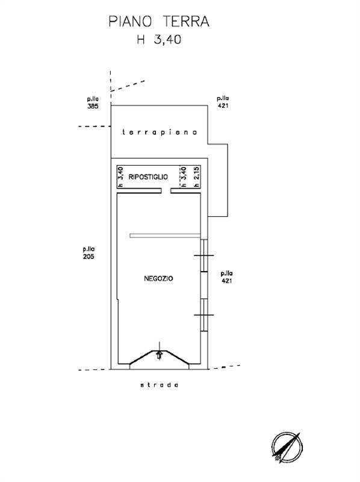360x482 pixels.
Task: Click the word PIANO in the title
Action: tap(130, 22)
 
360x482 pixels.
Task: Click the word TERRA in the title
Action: tap(186, 22)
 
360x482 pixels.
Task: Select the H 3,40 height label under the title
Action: tap(159, 40)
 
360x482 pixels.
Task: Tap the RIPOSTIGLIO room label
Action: tap(148, 177)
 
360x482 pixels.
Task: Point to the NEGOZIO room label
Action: tap(158, 278)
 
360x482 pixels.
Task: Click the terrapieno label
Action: tap(160, 132)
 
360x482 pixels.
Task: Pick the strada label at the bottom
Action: tap(160, 385)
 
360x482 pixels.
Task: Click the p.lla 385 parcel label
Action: tap(93, 103)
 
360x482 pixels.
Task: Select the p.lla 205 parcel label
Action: tap(88, 252)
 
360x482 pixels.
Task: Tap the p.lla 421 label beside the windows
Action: tap(227, 277)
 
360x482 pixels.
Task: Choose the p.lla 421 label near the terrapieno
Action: tap(223, 102)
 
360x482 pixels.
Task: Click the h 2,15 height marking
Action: tap(197, 177)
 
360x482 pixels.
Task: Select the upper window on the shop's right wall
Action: tap(204, 255)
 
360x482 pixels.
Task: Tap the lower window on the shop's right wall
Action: tap(204, 315)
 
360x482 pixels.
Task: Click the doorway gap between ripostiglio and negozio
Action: tap(166, 191)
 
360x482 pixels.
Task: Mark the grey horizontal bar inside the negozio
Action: tap(166, 236)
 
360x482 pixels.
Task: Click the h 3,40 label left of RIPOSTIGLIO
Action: tap(121, 177)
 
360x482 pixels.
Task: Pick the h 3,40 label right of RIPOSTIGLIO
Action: tap(184, 177)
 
